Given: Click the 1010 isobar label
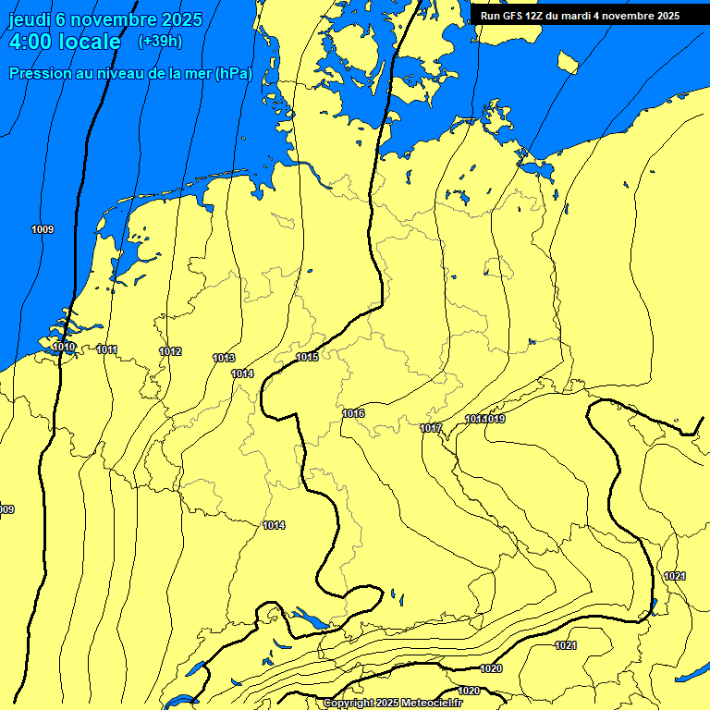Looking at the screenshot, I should [x=64, y=347].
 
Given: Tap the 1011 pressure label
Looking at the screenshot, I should [x=106, y=349].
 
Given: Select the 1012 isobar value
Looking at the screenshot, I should [x=170, y=351].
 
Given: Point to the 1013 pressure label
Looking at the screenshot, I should [x=224, y=358].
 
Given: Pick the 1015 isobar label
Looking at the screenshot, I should [x=307, y=357].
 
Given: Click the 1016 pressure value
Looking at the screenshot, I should [x=353, y=413].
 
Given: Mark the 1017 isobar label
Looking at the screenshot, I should [x=431, y=428].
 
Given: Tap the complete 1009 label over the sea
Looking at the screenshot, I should [x=43, y=229].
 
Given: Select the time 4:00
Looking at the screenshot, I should [x=38, y=42].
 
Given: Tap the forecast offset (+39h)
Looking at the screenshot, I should [x=160, y=42].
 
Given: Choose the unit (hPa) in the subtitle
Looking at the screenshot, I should [x=233, y=74].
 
